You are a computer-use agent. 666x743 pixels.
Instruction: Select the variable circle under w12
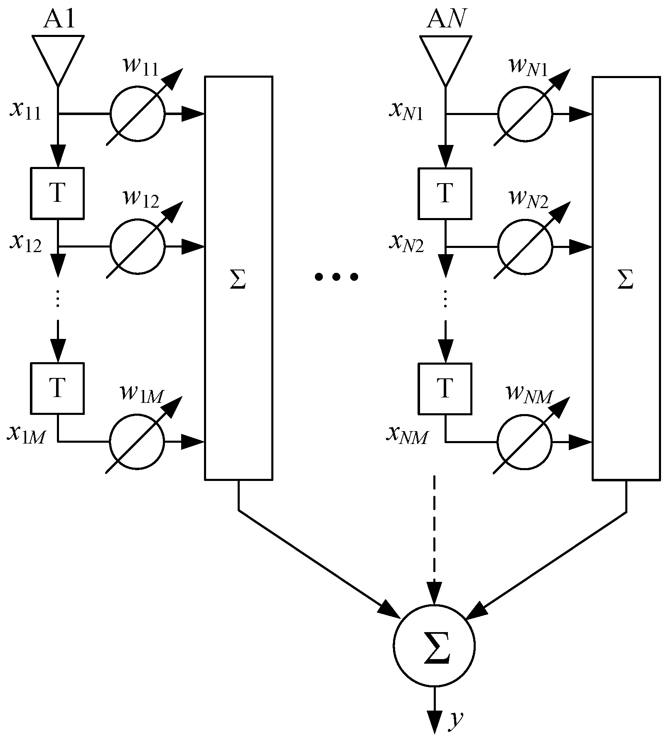pos(138,246)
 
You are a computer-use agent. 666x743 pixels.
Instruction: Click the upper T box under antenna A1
pos(57,193)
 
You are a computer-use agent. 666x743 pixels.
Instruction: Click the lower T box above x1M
pos(57,388)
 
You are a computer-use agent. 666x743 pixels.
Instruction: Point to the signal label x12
pos(26,243)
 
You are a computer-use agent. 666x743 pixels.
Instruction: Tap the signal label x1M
pos(26,434)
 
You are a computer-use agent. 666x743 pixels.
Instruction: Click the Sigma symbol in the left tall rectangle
pos(238,280)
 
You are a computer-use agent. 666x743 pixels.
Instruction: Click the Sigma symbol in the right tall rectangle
pos(625,280)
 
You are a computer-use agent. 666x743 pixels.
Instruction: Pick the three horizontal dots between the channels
pos(336,277)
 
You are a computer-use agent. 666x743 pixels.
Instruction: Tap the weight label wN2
pos(528,199)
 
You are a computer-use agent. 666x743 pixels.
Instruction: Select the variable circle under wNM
pos(525,441)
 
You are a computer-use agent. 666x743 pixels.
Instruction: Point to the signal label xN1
pos(406,110)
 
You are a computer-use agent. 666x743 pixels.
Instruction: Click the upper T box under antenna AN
pos(445,193)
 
